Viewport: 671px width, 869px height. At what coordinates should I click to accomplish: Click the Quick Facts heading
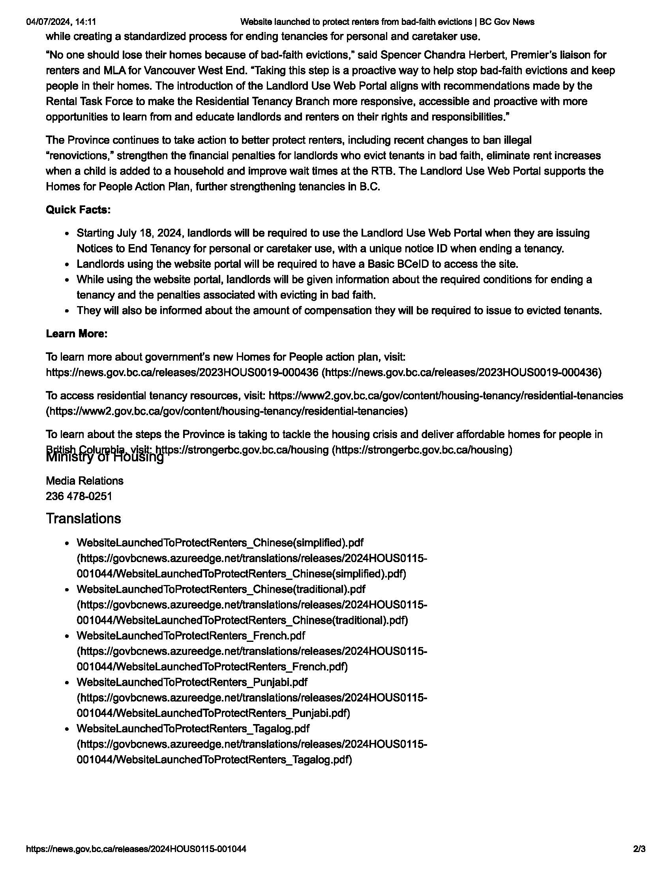pos(78,210)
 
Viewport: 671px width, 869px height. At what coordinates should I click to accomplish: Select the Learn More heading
pos(77,333)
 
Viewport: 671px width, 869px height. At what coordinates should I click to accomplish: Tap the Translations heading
pos(83,519)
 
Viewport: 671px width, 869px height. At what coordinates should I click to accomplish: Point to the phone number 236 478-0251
pos(79,496)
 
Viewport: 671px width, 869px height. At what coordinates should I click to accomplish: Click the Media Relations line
pos(85,481)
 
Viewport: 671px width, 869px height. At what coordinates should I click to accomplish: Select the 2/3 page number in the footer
pos(639,849)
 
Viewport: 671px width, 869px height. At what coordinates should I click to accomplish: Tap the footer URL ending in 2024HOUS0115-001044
pos(136,849)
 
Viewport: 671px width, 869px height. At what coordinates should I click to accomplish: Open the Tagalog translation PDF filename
pos(193,728)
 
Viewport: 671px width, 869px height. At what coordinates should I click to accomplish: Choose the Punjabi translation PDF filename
pos(192,682)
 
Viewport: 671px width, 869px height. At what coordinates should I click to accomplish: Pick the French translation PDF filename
pos(191,636)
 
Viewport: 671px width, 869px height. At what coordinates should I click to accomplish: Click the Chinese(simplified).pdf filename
pos(220,543)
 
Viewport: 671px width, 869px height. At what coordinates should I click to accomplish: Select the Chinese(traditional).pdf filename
pos(221,589)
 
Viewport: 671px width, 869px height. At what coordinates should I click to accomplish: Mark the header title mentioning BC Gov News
pos(388,22)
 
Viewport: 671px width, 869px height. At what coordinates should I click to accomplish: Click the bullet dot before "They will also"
pos(68,311)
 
